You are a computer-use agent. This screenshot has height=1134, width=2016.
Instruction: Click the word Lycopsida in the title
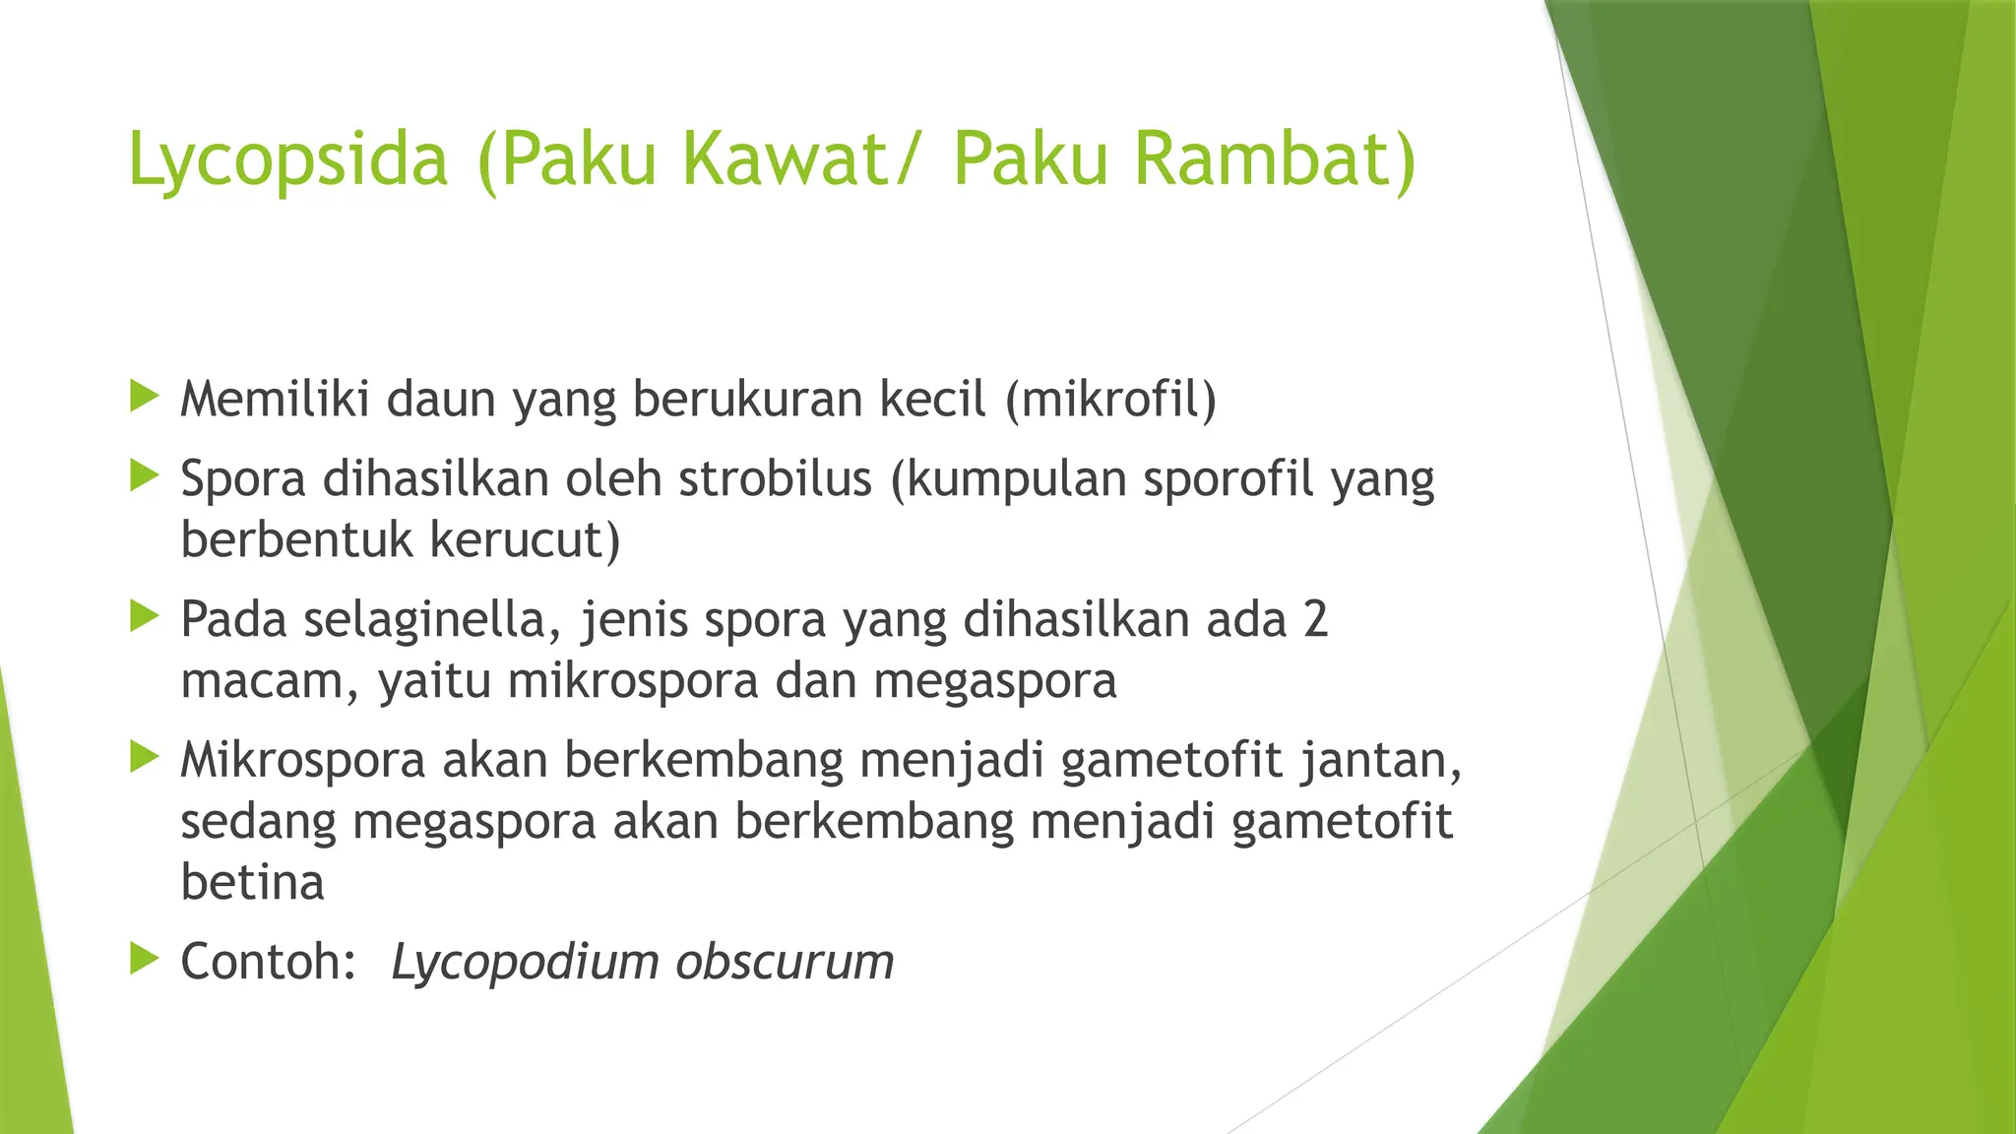pos(287,159)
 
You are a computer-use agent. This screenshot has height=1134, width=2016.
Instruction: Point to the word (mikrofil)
pos(1110,400)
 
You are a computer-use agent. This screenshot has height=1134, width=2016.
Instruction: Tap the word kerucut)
pos(525,540)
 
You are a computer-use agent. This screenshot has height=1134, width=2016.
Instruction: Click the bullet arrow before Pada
pos(144,617)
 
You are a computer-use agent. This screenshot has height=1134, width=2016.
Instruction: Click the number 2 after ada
pos(1315,620)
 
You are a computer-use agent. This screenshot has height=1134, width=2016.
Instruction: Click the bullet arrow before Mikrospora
pos(144,757)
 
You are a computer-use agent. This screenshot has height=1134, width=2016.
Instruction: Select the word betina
pos(252,882)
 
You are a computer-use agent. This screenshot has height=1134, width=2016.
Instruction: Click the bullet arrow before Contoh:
pos(144,959)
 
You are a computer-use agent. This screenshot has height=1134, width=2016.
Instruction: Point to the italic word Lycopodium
pos(525,963)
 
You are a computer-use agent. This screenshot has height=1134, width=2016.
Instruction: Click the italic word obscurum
pos(785,963)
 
